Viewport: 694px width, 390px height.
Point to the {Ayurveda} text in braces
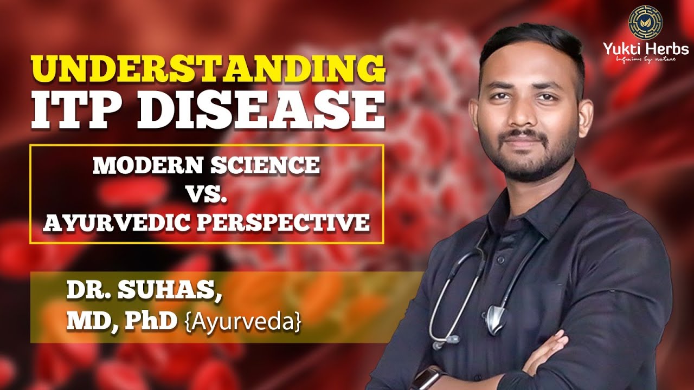243,323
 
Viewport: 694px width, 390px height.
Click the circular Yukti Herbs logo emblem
645,22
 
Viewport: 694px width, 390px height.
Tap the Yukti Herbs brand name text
646,49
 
